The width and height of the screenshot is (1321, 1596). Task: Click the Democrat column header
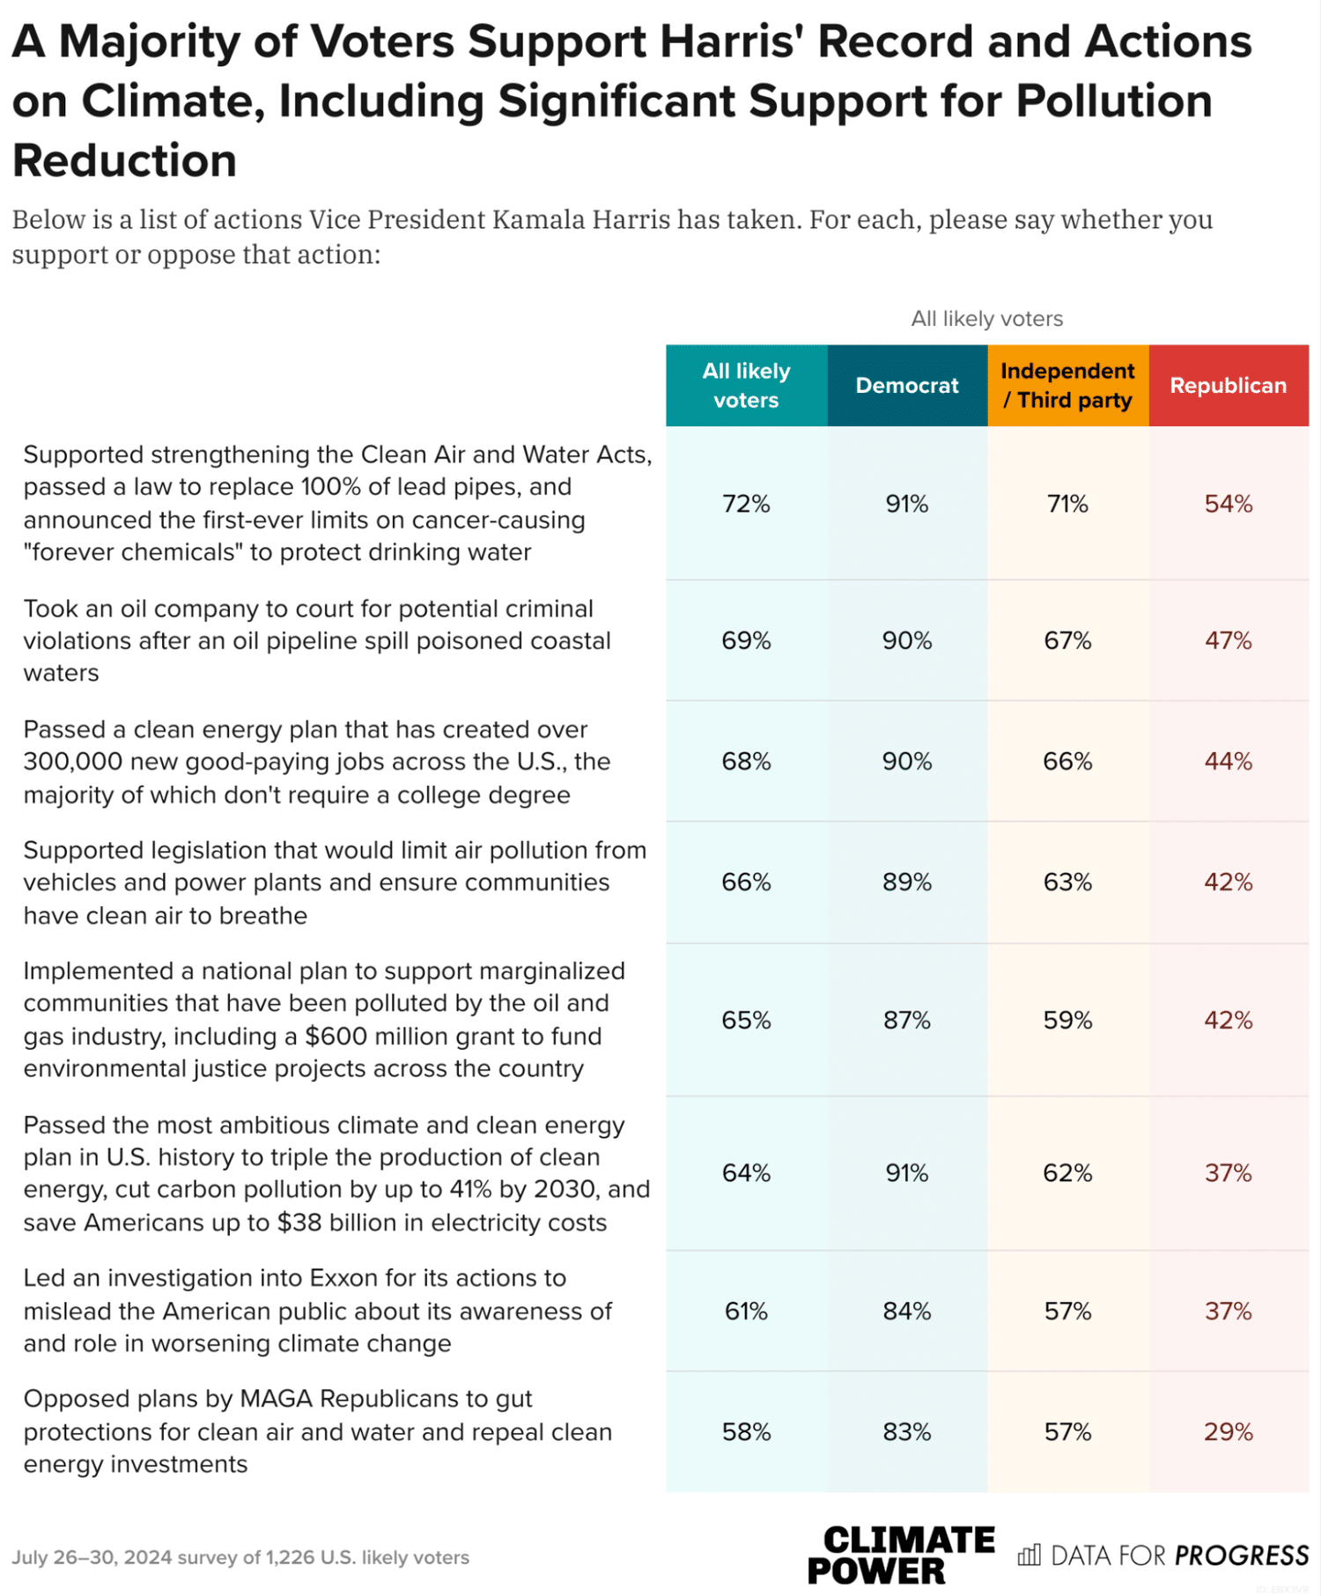[907, 386]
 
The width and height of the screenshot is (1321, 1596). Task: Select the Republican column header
[1229, 386]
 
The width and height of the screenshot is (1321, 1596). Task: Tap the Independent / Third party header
[1068, 386]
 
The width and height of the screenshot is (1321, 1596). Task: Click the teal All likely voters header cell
[747, 386]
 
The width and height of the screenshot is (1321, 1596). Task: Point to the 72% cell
[747, 504]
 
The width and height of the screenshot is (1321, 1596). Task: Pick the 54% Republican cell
[1229, 504]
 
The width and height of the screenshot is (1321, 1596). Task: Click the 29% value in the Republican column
[1229, 1432]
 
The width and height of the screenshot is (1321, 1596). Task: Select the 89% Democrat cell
[907, 883]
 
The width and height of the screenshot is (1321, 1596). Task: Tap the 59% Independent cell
[1068, 1020]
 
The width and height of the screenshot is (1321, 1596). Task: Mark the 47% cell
[1229, 640]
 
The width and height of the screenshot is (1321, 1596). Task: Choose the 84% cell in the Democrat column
[907, 1312]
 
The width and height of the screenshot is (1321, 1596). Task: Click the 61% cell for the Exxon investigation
[747, 1312]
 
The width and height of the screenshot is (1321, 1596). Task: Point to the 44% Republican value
[1229, 761]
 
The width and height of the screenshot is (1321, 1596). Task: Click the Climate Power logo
[901, 1555]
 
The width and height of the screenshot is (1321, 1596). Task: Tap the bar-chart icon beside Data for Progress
[1029, 1555]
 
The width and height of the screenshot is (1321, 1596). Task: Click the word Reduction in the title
[125, 161]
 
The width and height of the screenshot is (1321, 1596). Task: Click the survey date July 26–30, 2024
[92, 1557]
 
